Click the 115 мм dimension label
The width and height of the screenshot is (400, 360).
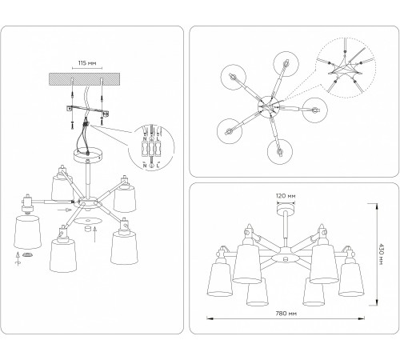(87, 63)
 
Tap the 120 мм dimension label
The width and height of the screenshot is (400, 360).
(286, 196)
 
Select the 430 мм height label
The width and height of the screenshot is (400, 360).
(381, 254)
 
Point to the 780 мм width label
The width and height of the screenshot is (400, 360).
(286, 314)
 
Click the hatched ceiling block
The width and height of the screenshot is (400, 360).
(84, 79)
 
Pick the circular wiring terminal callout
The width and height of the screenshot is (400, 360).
(151, 147)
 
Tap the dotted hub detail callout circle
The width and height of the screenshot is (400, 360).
(346, 67)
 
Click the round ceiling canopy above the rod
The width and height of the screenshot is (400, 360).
(87, 155)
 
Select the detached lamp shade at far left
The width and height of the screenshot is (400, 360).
(27, 231)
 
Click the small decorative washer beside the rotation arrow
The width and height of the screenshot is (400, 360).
(27, 255)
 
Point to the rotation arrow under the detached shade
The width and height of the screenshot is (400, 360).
(18, 258)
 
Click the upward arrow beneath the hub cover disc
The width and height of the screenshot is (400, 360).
(95, 234)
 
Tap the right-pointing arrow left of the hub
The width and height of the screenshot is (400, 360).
(65, 210)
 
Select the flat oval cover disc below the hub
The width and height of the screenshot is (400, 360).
(88, 221)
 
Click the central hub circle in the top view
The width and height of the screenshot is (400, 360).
(268, 107)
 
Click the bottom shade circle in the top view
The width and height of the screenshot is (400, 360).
(280, 152)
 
